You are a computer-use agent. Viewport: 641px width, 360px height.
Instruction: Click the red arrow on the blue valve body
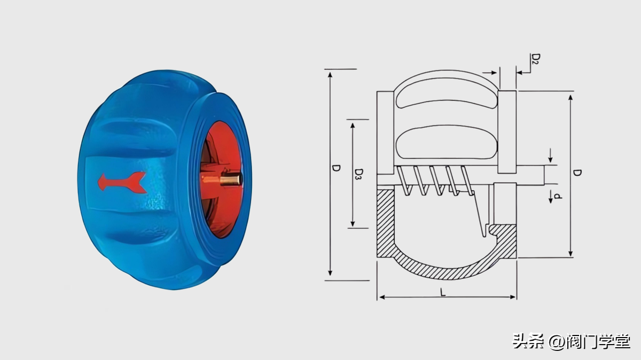[x=122, y=182]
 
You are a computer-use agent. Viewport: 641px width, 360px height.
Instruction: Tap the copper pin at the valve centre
[x=230, y=179]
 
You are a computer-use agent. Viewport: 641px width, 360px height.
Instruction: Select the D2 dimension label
[x=536, y=59]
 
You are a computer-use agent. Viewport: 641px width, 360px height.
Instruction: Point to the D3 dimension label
[x=359, y=174]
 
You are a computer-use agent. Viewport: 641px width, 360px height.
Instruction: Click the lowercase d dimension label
[x=558, y=196]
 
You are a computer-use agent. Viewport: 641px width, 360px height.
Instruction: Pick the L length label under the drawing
[x=443, y=292]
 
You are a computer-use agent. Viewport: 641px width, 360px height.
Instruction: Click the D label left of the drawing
[x=336, y=168]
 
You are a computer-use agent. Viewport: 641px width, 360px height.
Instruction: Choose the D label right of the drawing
[x=577, y=173]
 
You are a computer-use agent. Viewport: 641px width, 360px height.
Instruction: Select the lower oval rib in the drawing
[x=447, y=142]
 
